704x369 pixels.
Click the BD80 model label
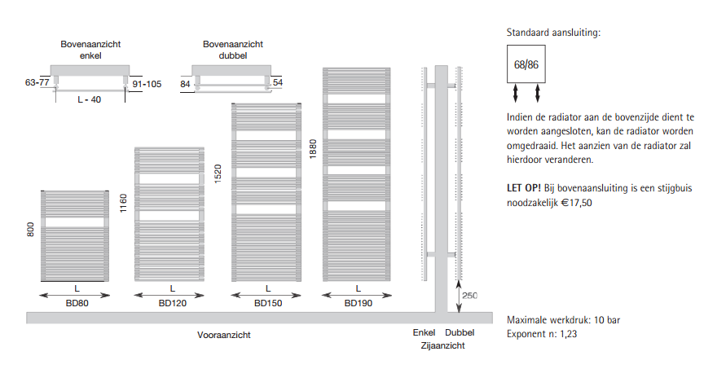77,303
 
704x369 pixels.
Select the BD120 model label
173,303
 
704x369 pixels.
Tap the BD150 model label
268,303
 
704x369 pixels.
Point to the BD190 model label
359,303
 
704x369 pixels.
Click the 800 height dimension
30,230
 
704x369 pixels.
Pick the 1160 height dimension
124,203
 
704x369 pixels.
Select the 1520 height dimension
218,174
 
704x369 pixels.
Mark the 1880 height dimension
313,149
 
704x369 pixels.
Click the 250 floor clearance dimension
469,296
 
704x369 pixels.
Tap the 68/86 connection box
526,64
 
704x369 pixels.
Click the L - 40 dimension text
90,99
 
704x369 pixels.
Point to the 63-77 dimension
37,82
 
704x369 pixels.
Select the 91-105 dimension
147,84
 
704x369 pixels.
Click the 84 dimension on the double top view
186,84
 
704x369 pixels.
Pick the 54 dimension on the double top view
278,82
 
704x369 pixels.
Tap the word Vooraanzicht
223,335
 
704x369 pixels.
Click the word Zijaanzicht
442,345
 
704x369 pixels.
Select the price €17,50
577,203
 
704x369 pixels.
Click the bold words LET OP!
524,188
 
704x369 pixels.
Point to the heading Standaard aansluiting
553,33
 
